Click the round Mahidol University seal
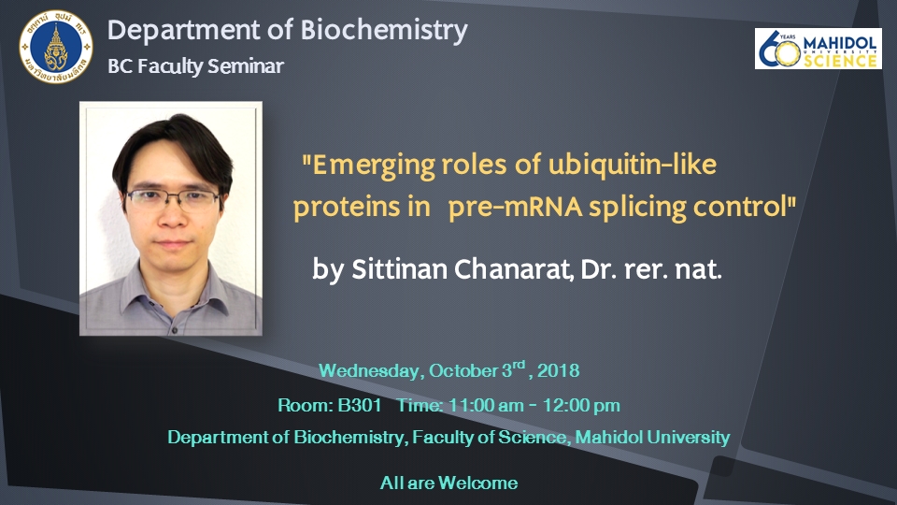(55, 47)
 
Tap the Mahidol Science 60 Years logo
(819, 49)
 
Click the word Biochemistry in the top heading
(384, 30)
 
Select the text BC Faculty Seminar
(195, 66)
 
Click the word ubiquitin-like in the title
(633, 165)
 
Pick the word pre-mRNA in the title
(515, 207)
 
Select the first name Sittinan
(399, 269)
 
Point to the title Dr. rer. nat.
(651, 269)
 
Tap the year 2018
(558, 370)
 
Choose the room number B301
(359, 405)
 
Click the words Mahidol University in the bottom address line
(652, 438)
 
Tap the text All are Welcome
(449, 483)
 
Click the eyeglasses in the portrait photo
(173, 198)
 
